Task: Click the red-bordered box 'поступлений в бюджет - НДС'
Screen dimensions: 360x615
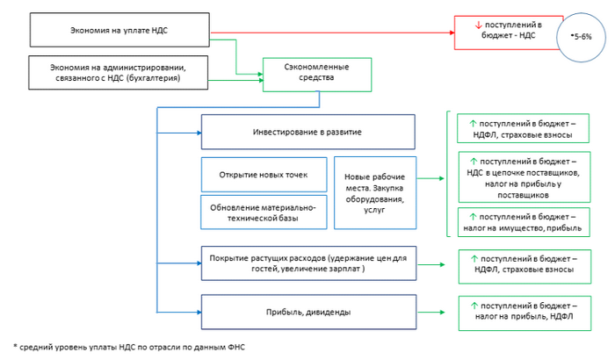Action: [x=508, y=32]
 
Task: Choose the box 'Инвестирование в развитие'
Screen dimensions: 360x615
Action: [x=307, y=132]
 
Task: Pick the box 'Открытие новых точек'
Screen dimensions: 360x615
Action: [x=263, y=175]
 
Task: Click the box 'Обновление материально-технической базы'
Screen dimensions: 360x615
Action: [x=263, y=212]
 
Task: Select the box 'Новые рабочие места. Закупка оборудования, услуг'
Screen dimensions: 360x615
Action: [x=374, y=193]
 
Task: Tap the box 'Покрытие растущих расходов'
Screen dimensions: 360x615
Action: [x=307, y=262]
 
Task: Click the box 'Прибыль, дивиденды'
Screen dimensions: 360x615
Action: [x=307, y=310]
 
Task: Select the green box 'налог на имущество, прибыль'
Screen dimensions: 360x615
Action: [x=524, y=222]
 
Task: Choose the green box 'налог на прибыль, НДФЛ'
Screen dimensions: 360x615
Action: [x=524, y=311]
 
